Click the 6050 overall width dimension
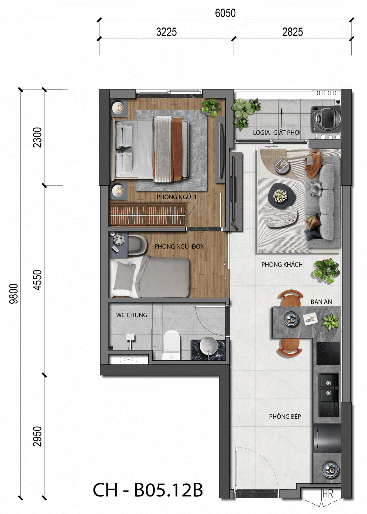[225, 13]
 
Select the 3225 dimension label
[166, 32]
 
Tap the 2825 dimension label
[292, 32]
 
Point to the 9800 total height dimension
[14, 294]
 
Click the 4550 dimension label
[37, 280]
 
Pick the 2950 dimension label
[37, 436]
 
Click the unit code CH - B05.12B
[148, 490]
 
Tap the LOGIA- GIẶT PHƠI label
[277, 133]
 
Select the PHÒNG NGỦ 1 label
[177, 197]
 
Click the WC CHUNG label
[132, 315]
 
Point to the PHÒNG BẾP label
[285, 416]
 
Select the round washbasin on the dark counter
[208, 346]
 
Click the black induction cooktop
[328, 353]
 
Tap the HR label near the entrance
[328, 494]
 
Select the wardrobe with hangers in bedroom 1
[147, 215]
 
